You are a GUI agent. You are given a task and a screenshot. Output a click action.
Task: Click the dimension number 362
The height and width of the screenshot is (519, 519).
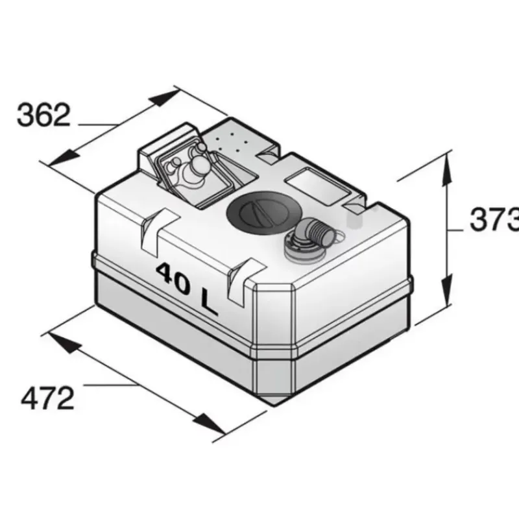(x=43, y=115)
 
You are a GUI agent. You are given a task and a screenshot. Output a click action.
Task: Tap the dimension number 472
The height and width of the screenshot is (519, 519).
(x=47, y=398)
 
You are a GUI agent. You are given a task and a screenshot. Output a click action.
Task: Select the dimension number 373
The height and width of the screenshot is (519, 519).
(x=494, y=219)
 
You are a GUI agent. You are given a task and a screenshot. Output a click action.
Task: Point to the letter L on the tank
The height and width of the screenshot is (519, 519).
(x=208, y=304)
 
